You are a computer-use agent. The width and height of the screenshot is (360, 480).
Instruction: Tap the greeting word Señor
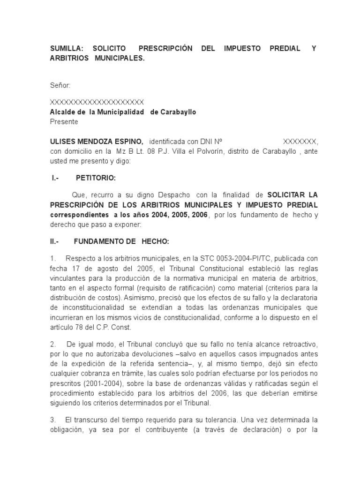[60, 85]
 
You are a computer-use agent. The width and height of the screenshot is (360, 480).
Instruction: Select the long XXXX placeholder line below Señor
[97, 102]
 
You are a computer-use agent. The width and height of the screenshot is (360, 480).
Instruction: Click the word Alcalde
[62, 112]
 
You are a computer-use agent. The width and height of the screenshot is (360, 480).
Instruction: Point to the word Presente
[64, 122]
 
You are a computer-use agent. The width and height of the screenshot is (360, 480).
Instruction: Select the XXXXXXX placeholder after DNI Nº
[300, 142]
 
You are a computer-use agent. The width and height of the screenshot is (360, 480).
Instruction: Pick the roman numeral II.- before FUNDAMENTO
[56, 241]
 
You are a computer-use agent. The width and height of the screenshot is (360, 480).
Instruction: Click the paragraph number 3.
[52, 420]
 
